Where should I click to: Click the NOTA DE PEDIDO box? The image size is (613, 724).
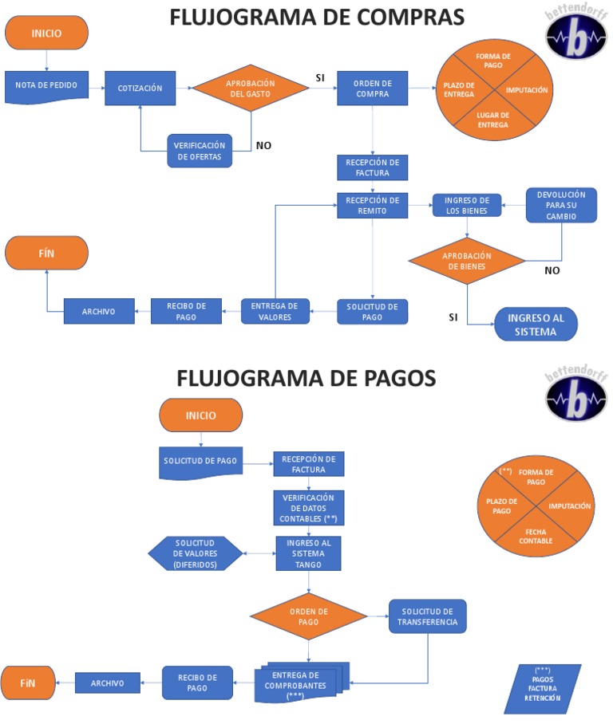coord(46,86)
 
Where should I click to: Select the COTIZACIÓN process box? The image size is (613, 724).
coord(140,88)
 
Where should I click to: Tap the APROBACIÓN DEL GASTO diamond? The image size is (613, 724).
coord(251,88)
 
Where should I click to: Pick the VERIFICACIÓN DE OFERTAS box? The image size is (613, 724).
coord(200,150)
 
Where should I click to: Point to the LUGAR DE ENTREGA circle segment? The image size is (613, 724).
coord(492,119)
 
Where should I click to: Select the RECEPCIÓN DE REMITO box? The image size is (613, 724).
coord(372,206)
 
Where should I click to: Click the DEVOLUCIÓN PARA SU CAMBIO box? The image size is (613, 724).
coord(561,205)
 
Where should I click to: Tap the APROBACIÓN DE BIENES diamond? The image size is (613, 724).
coord(467,260)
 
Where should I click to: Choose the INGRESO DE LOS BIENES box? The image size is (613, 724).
coord(467,205)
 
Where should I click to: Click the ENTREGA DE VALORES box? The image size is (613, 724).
coord(274,311)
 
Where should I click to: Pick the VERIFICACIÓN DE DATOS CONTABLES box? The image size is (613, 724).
coord(309,507)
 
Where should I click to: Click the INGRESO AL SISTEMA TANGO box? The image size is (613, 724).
coord(309,553)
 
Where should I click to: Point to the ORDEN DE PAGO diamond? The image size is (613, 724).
coord(308,616)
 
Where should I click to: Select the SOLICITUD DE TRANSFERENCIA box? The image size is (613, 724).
coord(428,616)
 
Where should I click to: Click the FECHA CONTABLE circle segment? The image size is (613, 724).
coord(535,536)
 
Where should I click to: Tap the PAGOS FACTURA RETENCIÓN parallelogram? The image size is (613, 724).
coord(543,688)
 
